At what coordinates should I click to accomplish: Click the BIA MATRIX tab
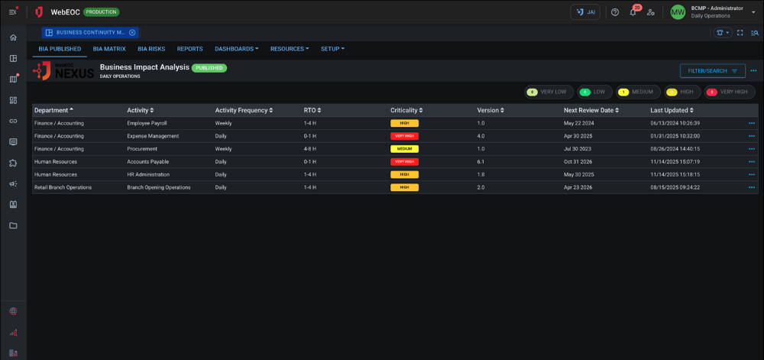click(x=109, y=48)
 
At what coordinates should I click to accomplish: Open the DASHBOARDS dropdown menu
click(x=236, y=48)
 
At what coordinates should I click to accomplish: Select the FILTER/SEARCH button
click(x=712, y=71)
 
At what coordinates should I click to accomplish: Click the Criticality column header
click(x=406, y=110)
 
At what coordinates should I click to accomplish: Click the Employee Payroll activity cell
click(x=147, y=123)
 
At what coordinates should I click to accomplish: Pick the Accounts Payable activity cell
click(x=147, y=162)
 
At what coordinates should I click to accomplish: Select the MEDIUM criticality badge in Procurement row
click(x=404, y=149)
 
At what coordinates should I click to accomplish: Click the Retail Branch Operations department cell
click(x=63, y=187)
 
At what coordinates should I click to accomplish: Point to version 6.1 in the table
click(x=481, y=162)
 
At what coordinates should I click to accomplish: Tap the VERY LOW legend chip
click(x=549, y=92)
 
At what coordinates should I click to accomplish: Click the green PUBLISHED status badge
click(x=209, y=67)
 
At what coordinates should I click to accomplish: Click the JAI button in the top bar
click(x=585, y=12)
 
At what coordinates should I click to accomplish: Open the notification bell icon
click(x=633, y=12)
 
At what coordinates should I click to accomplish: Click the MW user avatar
click(x=678, y=12)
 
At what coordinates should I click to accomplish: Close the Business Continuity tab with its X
click(x=132, y=33)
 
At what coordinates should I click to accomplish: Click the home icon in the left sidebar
click(x=13, y=37)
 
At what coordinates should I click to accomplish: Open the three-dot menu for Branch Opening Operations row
click(x=752, y=187)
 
